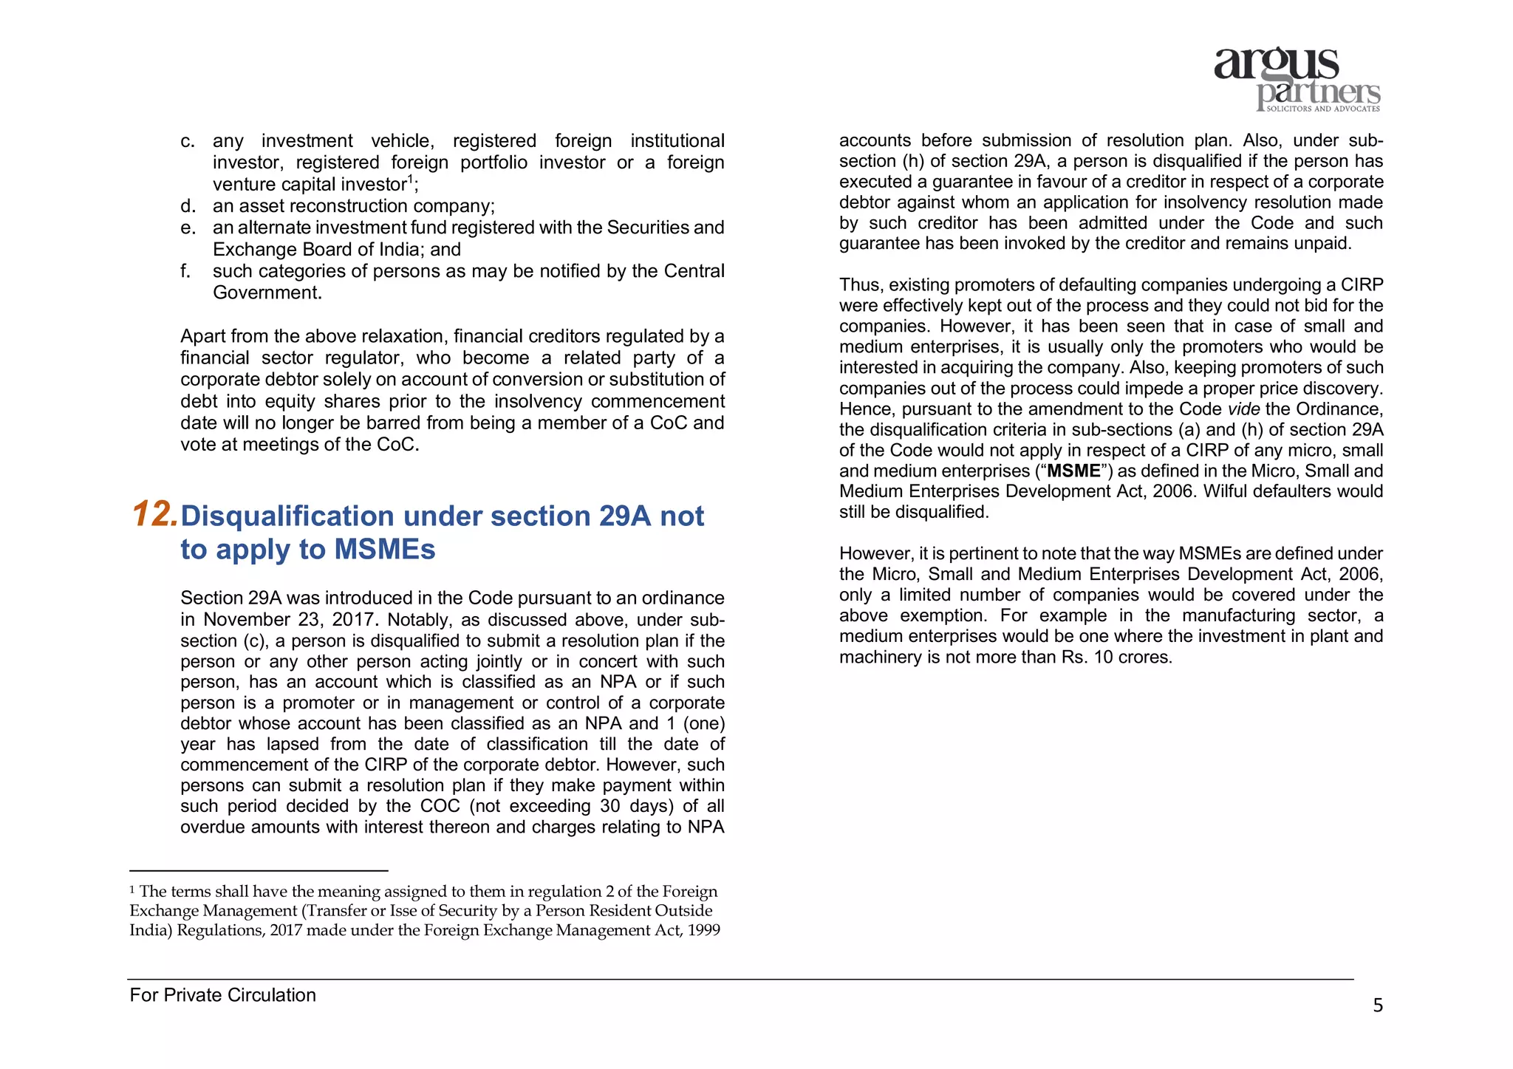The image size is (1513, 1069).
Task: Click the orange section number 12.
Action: tap(154, 514)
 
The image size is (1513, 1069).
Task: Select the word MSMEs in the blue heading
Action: tap(385, 550)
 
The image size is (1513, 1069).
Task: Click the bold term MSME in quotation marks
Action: tap(1073, 471)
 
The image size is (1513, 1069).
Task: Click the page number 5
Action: tap(1377, 1005)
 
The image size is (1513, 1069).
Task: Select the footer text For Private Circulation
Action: tap(222, 995)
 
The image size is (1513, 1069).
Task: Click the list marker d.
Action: tap(188, 206)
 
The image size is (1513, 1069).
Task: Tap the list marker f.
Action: tap(185, 271)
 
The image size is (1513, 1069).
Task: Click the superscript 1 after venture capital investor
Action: tap(411, 179)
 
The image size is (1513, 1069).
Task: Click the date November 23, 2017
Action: tap(292, 620)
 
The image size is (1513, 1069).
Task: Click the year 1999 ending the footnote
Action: tap(703, 930)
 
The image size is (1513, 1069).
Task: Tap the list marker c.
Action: tap(188, 141)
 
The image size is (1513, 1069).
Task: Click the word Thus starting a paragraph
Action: tap(861, 285)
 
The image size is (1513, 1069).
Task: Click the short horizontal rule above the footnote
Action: tap(259, 871)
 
